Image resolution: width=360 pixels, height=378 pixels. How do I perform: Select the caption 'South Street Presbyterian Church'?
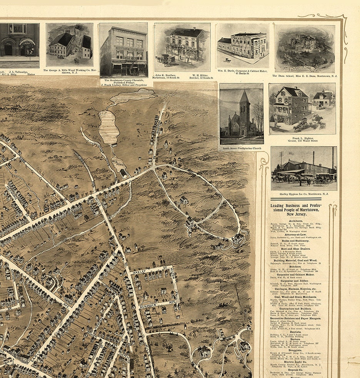pos(242,147)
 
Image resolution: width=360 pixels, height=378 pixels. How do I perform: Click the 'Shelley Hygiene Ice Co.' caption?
pos(303,194)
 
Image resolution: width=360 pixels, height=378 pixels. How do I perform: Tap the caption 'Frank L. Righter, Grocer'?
pos(302,139)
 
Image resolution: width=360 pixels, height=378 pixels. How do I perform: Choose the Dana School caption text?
pos(305,76)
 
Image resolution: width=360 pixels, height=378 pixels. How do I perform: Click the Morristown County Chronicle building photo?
pos(123,50)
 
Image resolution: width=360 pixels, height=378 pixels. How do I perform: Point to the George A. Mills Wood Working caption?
pos(69,72)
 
